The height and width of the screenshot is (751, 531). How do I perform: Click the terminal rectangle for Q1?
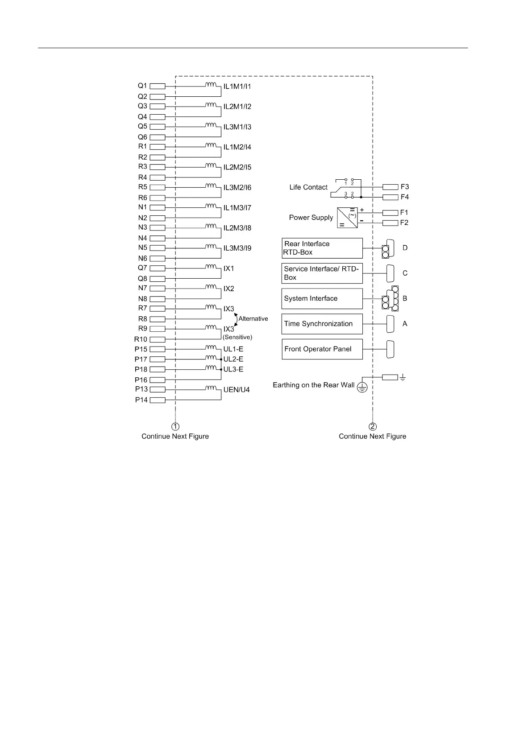(158, 86)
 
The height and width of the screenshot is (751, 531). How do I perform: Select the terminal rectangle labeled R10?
(158, 339)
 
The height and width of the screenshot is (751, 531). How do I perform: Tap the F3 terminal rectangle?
(390, 187)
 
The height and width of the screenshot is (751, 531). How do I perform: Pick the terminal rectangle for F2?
(390, 223)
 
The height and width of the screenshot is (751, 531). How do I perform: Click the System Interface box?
(322, 299)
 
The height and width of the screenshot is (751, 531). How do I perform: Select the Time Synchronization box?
(322, 324)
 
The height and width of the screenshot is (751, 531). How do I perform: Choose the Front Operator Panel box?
(322, 349)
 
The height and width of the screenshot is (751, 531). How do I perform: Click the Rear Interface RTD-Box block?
(322, 248)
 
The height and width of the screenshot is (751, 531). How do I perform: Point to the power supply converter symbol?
(347, 218)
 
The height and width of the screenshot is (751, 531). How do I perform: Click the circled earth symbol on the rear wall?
(362, 387)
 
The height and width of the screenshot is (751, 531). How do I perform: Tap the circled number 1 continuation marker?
(176, 426)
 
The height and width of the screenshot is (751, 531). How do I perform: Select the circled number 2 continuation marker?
(373, 426)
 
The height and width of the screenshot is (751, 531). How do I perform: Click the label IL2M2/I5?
(237, 167)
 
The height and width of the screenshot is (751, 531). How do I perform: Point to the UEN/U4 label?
(236, 390)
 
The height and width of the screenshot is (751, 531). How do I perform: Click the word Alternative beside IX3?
(253, 319)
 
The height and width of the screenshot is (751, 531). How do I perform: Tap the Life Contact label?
(308, 187)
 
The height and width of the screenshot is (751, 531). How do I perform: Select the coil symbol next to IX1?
(211, 267)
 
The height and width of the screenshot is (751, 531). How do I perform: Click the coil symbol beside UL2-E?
(211, 357)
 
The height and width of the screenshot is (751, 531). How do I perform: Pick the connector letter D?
(405, 248)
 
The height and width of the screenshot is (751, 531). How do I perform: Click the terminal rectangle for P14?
(158, 400)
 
